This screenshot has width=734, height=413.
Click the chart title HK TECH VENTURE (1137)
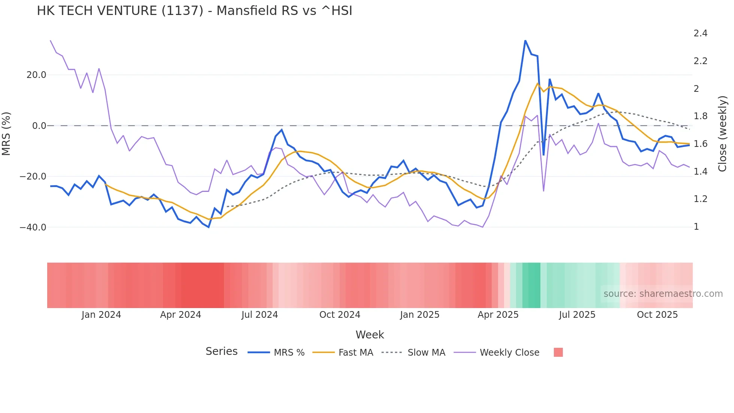tap(194, 11)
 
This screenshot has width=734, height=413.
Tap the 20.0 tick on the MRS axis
tap(36, 75)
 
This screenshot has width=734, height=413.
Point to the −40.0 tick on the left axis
tap(33, 227)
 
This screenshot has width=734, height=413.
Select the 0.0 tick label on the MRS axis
tap(39, 126)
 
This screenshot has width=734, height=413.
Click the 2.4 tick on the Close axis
tap(700, 33)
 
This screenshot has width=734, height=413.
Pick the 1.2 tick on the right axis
tap(700, 199)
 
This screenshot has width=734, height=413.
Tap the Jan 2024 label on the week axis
tap(101, 315)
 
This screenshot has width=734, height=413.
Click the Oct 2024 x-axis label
tap(340, 315)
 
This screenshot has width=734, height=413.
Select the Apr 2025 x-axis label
tap(498, 315)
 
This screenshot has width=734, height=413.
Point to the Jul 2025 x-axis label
tap(577, 315)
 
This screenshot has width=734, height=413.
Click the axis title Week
tap(370, 335)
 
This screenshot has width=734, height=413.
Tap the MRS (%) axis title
tap(6, 133)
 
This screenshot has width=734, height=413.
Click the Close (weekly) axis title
tap(722, 134)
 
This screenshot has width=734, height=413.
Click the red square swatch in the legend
tap(558, 352)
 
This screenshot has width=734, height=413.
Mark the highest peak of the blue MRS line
tap(525, 40)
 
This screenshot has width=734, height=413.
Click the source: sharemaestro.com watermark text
tap(663, 294)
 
